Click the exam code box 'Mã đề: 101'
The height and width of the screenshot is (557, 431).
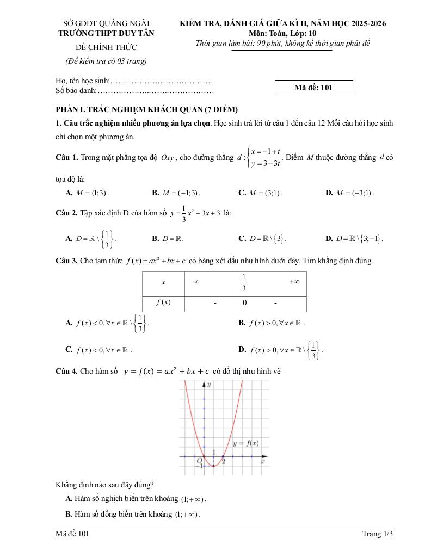(x=314, y=88)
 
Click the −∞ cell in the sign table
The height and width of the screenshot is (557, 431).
(x=193, y=282)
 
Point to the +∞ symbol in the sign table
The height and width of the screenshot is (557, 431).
(x=294, y=282)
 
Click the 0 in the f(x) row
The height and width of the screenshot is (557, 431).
(x=244, y=302)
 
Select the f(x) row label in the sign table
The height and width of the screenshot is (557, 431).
(x=163, y=302)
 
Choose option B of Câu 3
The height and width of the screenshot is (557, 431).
(x=272, y=323)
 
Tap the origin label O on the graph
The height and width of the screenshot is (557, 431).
(x=199, y=460)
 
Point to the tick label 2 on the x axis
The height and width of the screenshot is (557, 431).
(x=224, y=461)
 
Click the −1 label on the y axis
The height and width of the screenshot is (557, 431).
(x=199, y=466)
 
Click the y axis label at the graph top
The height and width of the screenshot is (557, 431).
(x=209, y=384)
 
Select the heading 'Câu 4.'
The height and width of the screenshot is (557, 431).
(x=66, y=371)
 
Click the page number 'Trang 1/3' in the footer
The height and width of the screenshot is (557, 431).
(x=377, y=534)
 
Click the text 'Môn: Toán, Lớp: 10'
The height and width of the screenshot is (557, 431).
(x=283, y=33)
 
